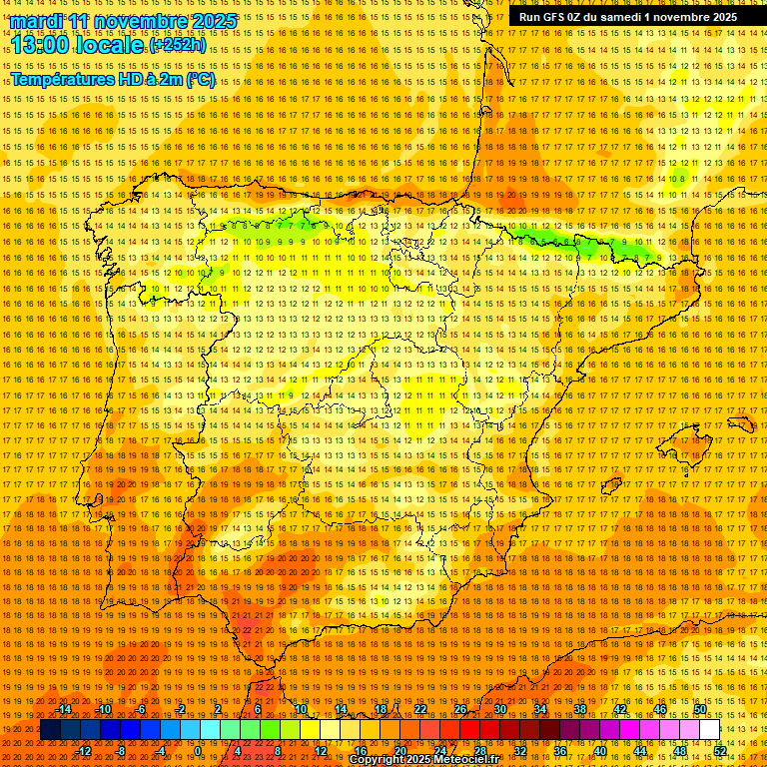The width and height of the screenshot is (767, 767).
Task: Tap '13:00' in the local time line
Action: coord(42,45)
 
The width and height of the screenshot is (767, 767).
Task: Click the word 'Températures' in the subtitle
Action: coord(61,80)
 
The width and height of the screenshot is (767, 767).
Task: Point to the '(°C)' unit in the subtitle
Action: coord(200,80)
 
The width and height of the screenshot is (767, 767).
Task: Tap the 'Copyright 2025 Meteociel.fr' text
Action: coord(423,760)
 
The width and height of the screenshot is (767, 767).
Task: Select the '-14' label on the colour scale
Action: coord(64,710)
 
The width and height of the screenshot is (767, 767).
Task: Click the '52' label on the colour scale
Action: coord(719,750)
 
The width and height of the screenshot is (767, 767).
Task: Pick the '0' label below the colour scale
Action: coord(198,750)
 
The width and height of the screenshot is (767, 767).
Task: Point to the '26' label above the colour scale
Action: coord(459,710)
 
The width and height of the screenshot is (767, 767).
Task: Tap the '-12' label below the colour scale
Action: coord(84,750)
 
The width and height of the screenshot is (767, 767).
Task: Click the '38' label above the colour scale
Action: coord(579,710)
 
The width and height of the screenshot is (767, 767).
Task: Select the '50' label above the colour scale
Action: coord(700,710)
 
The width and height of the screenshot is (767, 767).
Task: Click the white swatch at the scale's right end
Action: coord(709,730)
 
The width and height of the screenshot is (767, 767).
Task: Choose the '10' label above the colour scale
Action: coord(300,710)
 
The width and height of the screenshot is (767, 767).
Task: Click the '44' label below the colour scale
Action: coord(639,750)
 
